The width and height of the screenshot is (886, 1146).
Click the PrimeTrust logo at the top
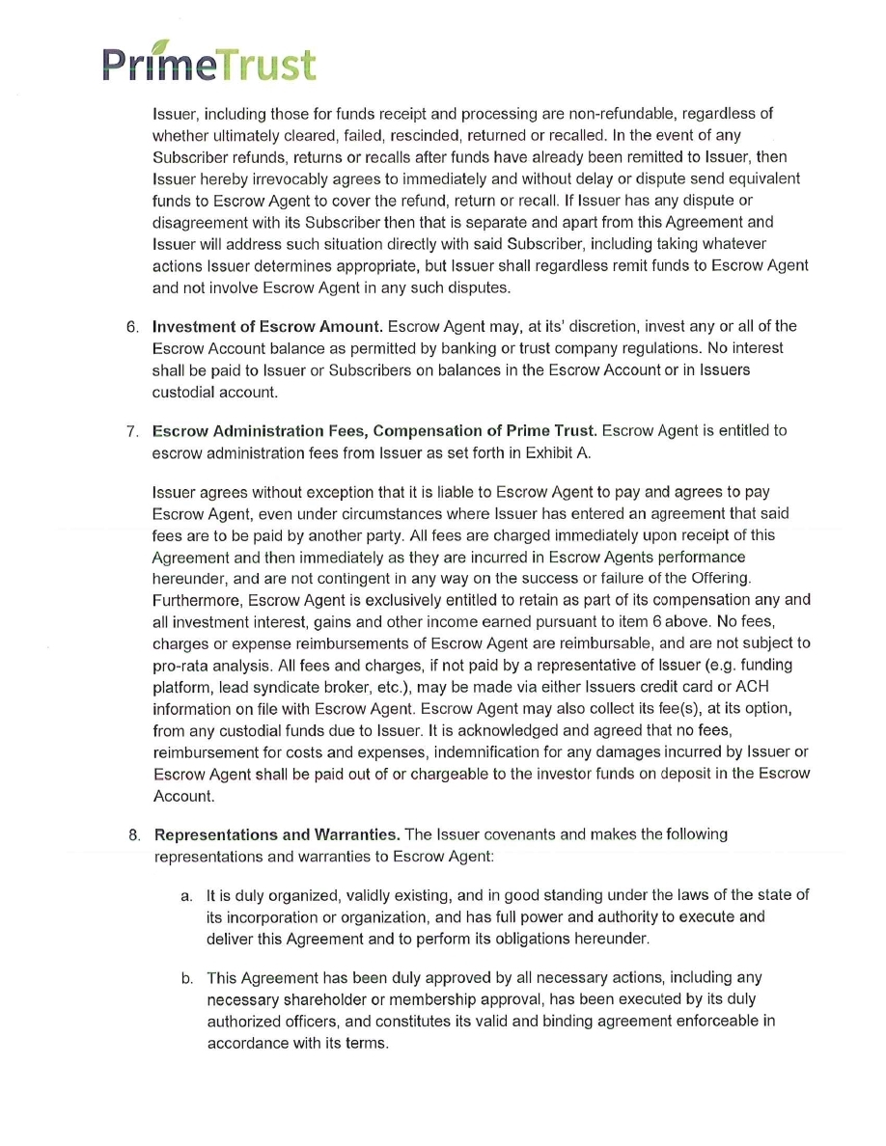point(208,65)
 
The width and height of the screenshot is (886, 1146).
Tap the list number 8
point(134,833)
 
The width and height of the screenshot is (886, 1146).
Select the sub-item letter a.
point(186,895)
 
